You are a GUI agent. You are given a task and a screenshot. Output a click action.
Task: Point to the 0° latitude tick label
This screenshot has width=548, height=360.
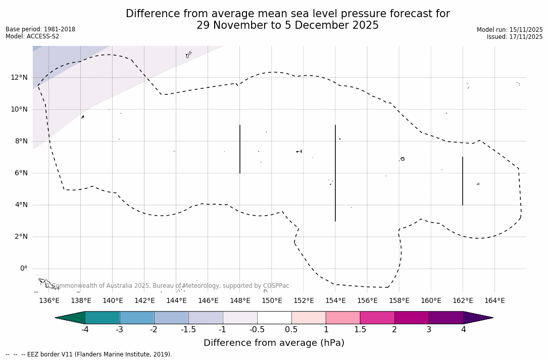[23, 269]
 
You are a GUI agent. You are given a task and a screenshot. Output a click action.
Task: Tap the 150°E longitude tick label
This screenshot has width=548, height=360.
[272, 301]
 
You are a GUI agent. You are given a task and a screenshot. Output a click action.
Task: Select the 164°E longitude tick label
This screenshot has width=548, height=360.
[494, 301]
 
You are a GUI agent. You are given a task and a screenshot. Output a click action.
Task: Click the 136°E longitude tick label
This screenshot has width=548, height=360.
[49, 301]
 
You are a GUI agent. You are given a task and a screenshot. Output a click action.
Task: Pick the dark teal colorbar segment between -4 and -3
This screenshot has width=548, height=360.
[102, 318]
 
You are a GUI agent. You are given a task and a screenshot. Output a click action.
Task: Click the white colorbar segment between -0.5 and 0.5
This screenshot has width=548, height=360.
[274, 318]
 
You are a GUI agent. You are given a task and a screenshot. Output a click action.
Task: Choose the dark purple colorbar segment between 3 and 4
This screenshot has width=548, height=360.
[446, 318]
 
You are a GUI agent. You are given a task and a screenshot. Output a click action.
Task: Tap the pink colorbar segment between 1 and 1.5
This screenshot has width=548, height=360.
[343, 318]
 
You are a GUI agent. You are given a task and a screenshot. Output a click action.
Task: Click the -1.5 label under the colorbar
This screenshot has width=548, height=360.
[188, 330]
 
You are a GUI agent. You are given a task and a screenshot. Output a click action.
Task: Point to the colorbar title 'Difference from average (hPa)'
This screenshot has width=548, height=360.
[274, 343]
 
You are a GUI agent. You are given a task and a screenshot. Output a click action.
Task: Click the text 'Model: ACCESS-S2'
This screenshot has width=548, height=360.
[32, 36]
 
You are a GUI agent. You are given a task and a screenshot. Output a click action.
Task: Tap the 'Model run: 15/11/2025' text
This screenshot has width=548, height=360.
[510, 30]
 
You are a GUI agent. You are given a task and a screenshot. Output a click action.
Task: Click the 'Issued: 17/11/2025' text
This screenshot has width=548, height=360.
[515, 37]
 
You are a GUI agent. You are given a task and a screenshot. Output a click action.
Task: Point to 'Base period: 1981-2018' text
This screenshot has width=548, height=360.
[40, 29]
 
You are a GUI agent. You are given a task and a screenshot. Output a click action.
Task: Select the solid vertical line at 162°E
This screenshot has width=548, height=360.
[463, 181]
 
